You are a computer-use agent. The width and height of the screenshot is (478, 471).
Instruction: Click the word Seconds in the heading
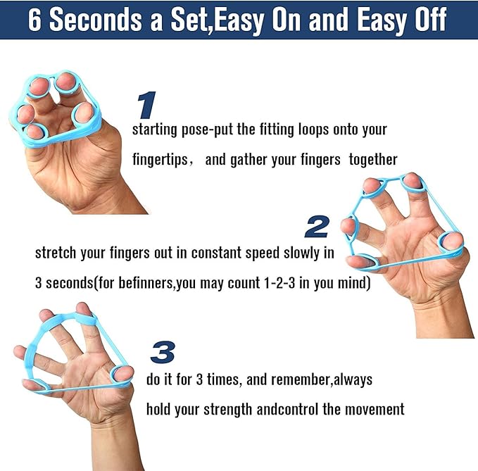click(x=96, y=20)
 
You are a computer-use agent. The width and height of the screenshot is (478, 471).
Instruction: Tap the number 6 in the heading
click(x=34, y=20)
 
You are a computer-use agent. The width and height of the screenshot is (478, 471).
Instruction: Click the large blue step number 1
click(x=146, y=106)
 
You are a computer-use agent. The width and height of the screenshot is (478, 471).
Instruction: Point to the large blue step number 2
click(x=317, y=227)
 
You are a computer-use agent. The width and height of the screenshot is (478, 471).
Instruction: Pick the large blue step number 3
click(x=162, y=351)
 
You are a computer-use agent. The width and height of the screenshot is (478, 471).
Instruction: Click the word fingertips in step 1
click(x=160, y=159)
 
